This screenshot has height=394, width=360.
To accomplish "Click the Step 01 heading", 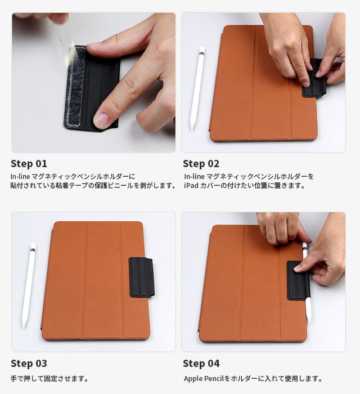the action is click(x=29, y=164).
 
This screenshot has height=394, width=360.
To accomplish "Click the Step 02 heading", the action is click(x=201, y=164).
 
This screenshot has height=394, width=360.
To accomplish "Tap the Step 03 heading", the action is click(x=29, y=364).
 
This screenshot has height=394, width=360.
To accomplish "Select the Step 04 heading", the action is click(x=201, y=364).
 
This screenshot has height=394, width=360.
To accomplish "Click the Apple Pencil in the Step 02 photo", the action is click(x=197, y=88).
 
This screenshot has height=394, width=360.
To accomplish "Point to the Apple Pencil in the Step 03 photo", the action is click(x=29, y=286).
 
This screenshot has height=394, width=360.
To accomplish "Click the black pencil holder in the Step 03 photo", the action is click(x=141, y=277).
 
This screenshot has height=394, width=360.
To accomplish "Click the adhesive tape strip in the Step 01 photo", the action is click(x=75, y=87).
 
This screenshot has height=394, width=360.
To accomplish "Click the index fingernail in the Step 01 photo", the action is click(x=101, y=120).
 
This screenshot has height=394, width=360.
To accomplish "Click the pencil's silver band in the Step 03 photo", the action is click(x=33, y=250).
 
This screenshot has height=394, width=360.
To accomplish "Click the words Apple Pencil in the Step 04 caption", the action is click(x=204, y=379).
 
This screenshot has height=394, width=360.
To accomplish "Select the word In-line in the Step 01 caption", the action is click(x=20, y=176).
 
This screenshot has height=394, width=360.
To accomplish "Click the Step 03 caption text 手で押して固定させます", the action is click(x=49, y=379).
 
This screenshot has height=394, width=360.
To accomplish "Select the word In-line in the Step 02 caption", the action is click(x=194, y=176).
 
